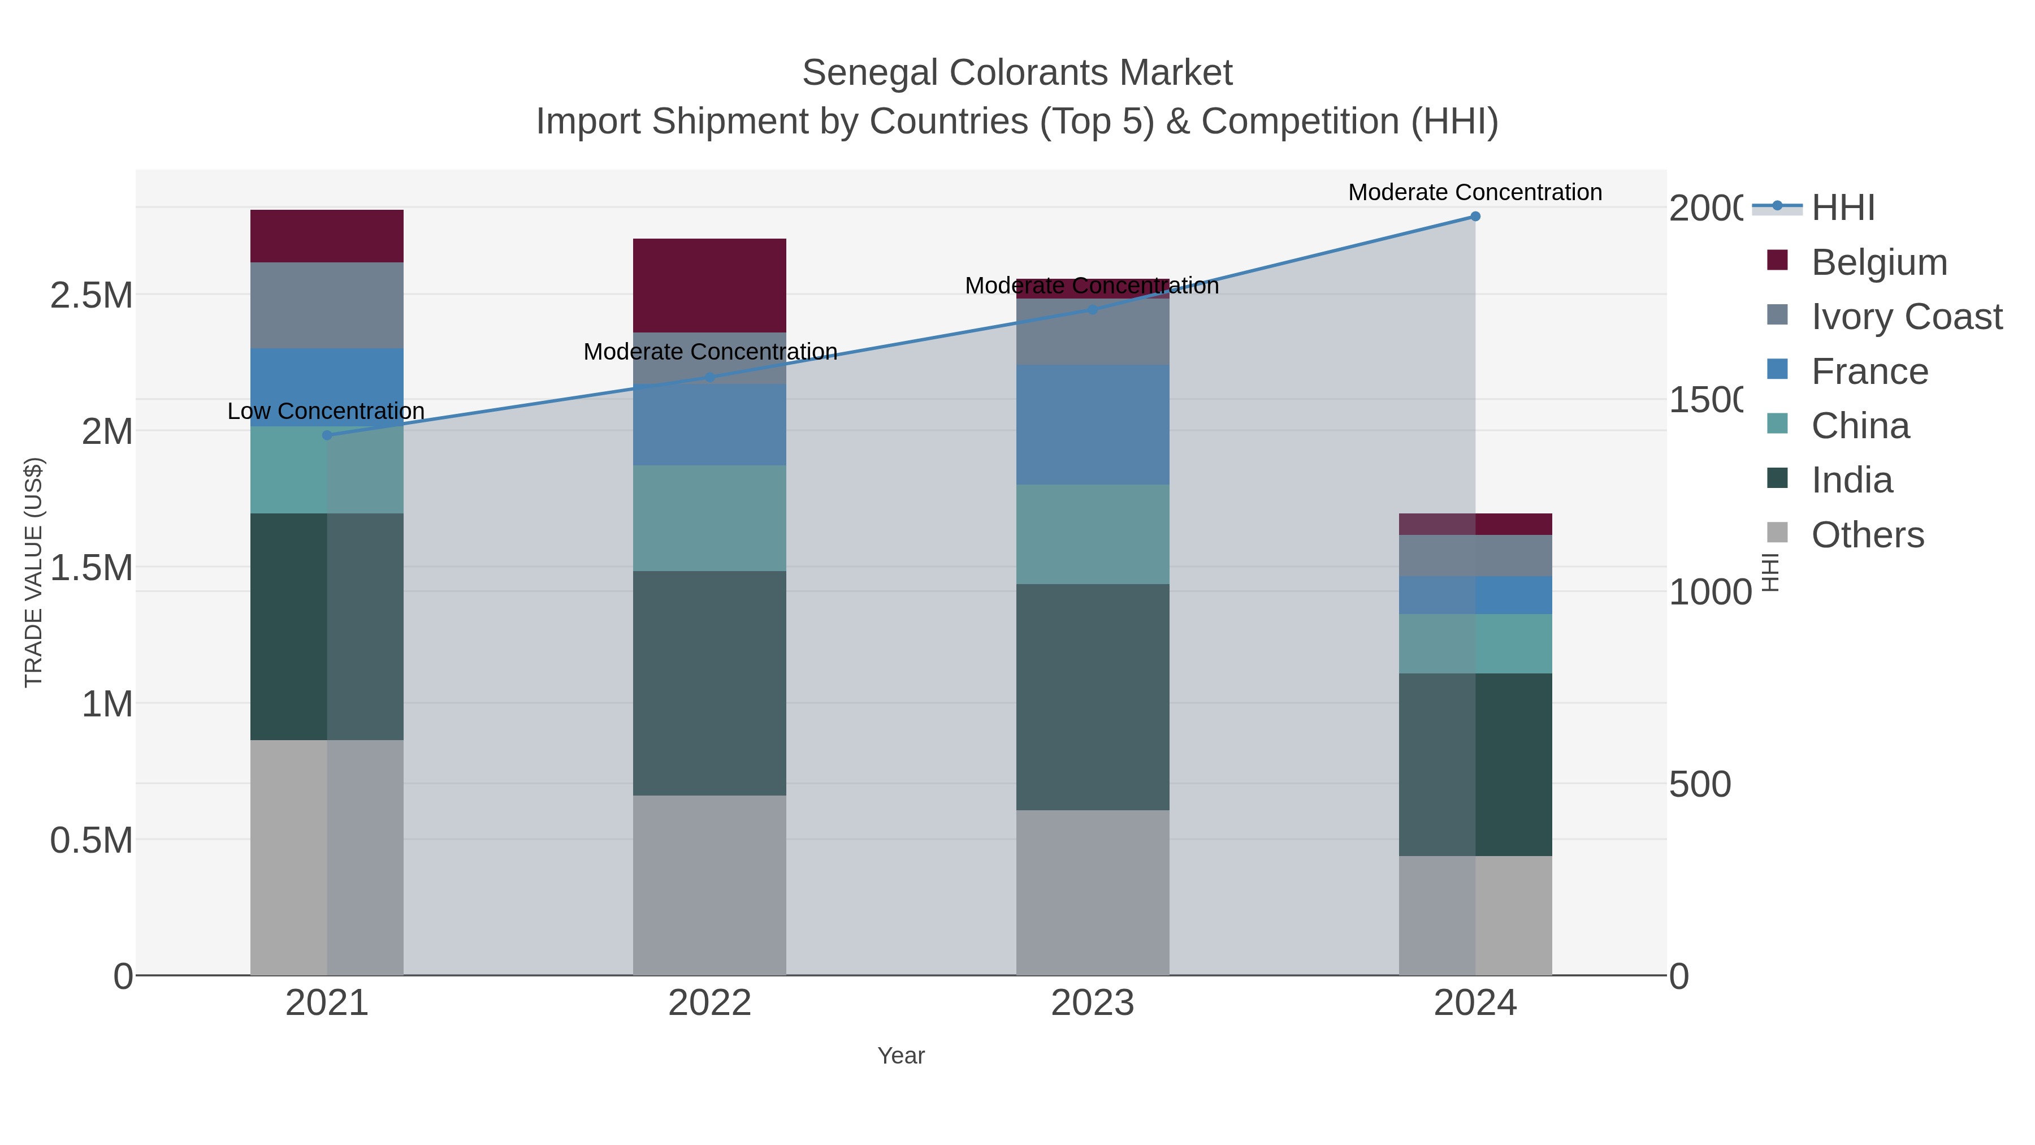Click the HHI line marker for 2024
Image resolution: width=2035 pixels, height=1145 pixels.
[x=1475, y=217]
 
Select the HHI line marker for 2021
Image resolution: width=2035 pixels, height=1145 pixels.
[x=327, y=435]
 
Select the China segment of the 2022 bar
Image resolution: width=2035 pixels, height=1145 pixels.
[x=709, y=517]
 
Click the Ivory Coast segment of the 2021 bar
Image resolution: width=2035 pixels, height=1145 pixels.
[x=327, y=305]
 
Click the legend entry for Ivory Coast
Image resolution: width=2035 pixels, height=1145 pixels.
[x=1906, y=317]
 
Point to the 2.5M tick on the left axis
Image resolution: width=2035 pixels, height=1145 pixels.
[x=91, y=296]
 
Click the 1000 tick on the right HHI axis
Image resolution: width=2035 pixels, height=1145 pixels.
[x=1709, y=592]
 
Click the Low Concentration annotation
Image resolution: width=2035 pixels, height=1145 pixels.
[x=326, y=411]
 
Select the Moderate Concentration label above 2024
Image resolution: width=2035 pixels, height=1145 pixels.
[x=1474, y=192]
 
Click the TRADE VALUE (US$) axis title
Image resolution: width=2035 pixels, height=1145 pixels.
[x=33, y=572]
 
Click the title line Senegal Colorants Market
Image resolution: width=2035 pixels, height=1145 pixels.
[x=1017, y=73]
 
